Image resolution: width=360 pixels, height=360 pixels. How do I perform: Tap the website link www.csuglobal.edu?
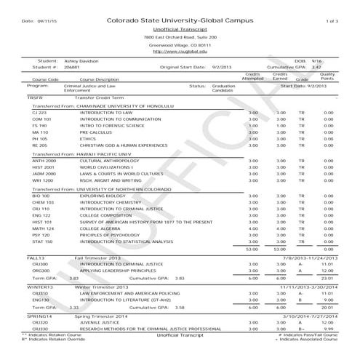tap(178, 52)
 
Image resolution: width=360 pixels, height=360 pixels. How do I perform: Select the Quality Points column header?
tap(327, 76)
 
